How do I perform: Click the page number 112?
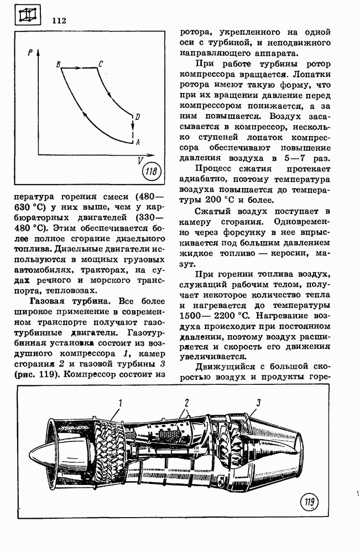(59, 21)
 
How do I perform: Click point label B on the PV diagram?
(58, 65)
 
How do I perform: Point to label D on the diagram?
(137, 117)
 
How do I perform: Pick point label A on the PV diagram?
(137, 142)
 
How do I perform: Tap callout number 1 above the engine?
(119, 403)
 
